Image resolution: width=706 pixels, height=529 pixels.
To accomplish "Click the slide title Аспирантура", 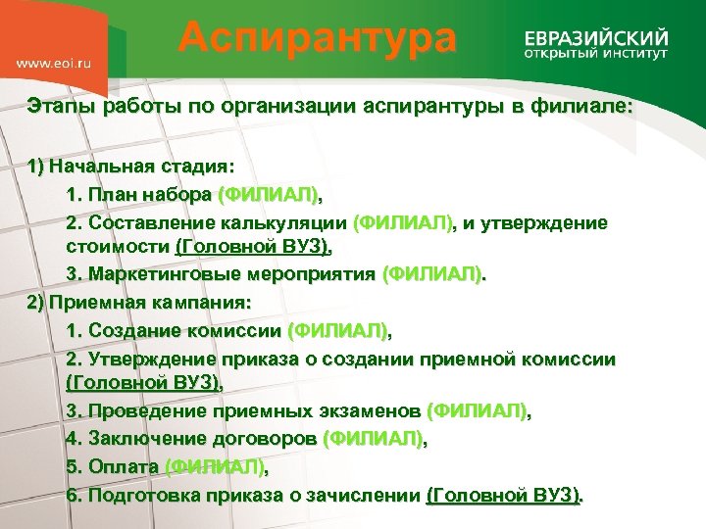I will (x=318, y=38).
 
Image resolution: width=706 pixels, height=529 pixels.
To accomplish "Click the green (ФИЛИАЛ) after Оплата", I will (x=214, y=466).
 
